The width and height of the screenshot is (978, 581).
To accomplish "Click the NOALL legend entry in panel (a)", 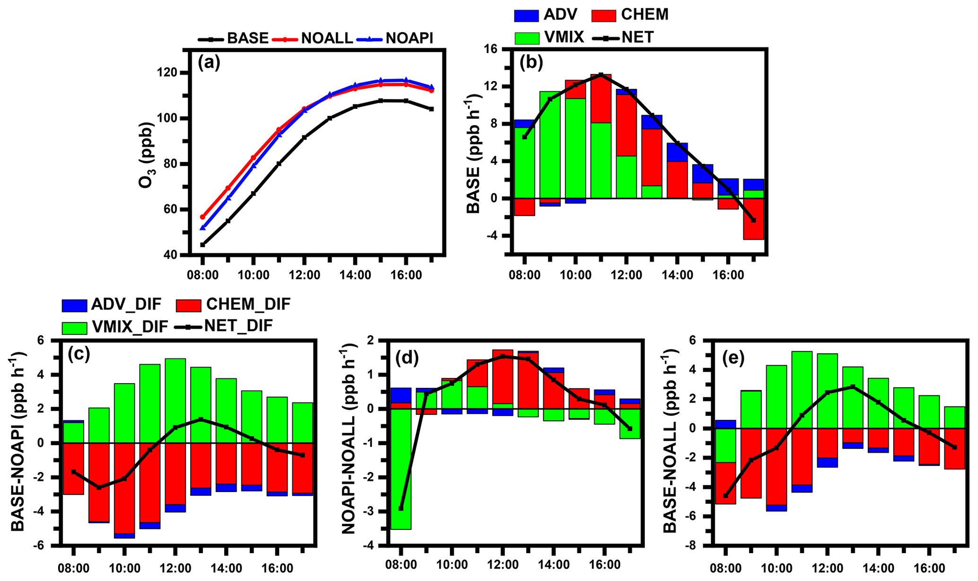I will (x=326, y=38).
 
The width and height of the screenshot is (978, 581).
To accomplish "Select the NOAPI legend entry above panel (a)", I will (x=409, y=38).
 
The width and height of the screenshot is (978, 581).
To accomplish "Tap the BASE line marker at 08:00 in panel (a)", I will (x=203, y=245).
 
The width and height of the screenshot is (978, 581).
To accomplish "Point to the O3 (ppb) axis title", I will (x=147, y=155).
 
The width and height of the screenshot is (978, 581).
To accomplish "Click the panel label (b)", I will (x=531, y=63).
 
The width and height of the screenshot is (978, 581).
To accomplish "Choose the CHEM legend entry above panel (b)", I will (x=644, y=15).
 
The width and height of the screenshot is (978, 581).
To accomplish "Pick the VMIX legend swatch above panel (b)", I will (x=527, y=37).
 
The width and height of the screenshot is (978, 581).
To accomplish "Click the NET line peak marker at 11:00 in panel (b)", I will (x=601, y=75).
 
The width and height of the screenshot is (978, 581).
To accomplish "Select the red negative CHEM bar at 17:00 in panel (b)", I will (x=753, y=219).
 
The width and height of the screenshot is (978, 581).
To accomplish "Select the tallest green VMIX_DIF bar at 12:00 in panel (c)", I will (x=175, y=401).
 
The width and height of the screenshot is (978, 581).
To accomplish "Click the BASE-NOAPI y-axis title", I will (x=18, y=441).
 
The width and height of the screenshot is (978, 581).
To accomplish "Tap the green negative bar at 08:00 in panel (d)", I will (x=401, y=469).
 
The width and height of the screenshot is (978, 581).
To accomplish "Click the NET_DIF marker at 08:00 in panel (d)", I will (x=401, y=509).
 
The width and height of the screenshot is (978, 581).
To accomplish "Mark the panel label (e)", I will (x=733, y=359).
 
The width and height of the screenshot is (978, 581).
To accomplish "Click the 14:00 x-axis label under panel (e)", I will (x=878, y=567).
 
